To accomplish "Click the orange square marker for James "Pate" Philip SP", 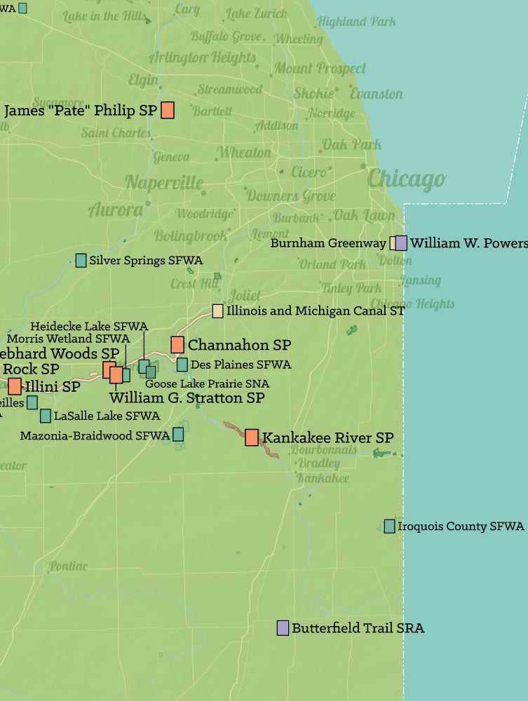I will [168, 110].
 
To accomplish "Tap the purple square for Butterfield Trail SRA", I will [283, 627].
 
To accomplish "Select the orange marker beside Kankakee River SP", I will [251, 437].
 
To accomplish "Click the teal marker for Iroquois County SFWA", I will [389, 526].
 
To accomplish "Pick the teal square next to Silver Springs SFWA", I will [81, 260].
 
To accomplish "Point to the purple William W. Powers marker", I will [401, 243].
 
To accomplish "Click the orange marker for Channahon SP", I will [177, 344].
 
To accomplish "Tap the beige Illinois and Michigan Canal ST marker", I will [218, 311].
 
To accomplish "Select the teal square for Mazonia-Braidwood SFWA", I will [178, 435].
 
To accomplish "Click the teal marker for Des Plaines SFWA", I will [182, 365].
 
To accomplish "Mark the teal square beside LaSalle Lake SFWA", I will [46, 416].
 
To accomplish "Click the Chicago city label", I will [406, 179].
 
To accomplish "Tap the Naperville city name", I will [164, 183].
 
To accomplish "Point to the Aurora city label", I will [116, 209].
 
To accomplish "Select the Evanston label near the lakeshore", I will [377, 94].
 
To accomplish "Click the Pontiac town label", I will [68, 566].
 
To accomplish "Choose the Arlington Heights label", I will [202, 57].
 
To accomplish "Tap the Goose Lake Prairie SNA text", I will [207, 383].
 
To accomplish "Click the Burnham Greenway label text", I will [328, 244].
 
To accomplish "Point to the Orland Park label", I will [332, 264].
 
